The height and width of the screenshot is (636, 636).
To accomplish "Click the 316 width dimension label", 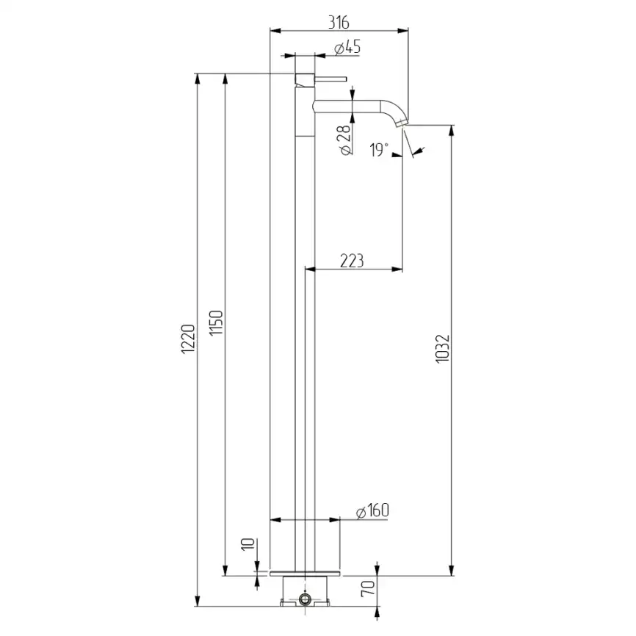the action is click(339, 22).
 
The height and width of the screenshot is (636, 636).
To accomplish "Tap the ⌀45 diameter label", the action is click(347, 48).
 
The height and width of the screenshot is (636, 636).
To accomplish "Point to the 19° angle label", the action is click(379, 150).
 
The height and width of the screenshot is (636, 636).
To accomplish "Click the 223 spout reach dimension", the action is click(352, 261).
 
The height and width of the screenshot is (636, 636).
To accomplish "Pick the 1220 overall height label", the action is click(188, 339).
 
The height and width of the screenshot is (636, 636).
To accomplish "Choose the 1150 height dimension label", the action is click(216, 323).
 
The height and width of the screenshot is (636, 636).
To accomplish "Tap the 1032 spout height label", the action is click(443, 348).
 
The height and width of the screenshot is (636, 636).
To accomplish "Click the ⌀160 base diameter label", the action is click(372, 510).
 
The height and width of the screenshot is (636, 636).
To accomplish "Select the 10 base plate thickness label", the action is click(247, 544).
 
